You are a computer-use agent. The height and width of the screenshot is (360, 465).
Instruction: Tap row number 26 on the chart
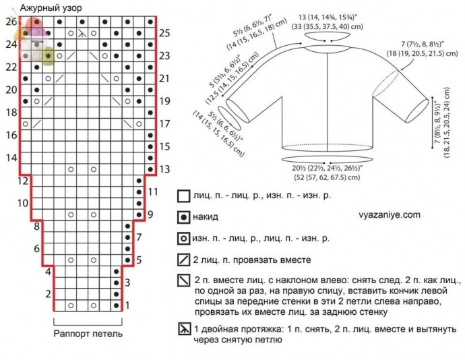point(10,22)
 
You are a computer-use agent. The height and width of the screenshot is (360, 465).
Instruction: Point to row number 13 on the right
point(164,169)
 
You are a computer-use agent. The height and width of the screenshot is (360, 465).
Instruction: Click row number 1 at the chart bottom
point(127,305)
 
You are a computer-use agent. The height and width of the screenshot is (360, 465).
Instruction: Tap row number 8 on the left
point(37,226)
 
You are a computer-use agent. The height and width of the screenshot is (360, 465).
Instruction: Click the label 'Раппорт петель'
point(88,334)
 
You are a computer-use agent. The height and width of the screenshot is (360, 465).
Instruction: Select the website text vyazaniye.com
point(385,214)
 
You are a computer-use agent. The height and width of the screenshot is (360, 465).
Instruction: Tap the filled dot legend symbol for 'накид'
point(183,218)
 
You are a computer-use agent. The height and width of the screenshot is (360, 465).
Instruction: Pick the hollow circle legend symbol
point(183,239)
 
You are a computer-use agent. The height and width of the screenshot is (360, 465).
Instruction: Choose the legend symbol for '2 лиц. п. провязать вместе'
point(183,260)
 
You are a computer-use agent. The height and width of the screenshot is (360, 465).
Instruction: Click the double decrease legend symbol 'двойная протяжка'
point(183,329)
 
